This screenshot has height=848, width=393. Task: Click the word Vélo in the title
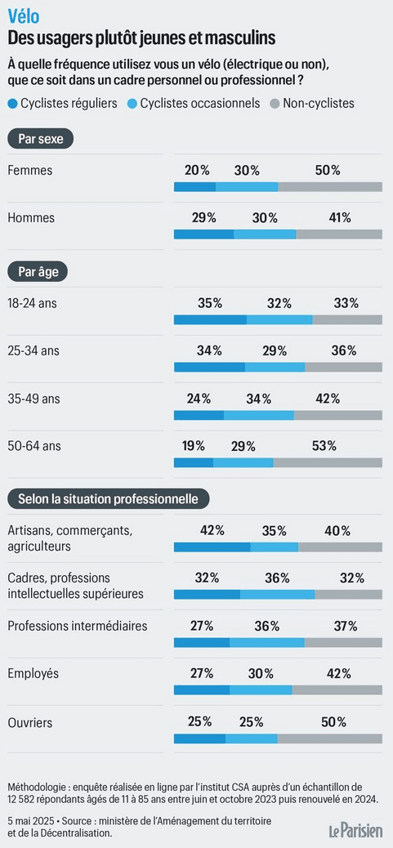click(23, 17)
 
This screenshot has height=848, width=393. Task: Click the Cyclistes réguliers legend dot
click(12, 103)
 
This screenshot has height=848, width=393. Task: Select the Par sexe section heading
click(41, 139)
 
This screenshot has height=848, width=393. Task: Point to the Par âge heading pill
click(38, 271)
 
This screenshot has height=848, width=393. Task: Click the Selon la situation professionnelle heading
click(108, 498)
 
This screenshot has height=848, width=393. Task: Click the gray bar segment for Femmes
click(330, 187)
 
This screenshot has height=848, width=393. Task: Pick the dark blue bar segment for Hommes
click(203, 234)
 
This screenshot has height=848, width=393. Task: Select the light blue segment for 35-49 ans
click(259, 415)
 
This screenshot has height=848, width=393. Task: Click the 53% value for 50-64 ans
click(324, 446)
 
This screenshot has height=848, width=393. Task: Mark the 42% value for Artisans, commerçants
click(212, 530)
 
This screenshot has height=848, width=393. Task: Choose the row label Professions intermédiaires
click(78, 627)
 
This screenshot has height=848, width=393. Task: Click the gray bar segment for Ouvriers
click(330, 739)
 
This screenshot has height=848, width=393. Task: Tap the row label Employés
click(33, 674)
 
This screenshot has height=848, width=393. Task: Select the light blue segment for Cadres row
click(277, 595)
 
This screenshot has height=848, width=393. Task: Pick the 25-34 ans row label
click(33, 350)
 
